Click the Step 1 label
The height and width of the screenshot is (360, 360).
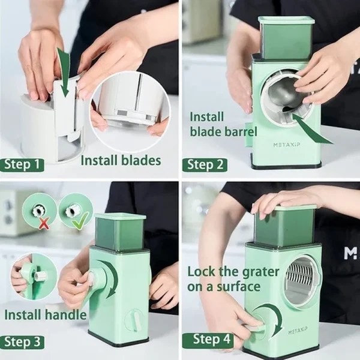pyautogui.click(x=22, y=164)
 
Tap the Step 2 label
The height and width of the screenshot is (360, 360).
pyautogui.click(x=205, y=164)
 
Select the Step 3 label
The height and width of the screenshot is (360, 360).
pyautogui.click(x=22, y=342)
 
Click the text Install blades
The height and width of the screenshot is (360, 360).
pyautogui.click(x=121, y=160)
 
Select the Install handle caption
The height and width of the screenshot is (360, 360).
pyautogui.click(x=46, y=314)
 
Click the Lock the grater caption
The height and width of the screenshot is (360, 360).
pyautogui.click(x=233, y=279)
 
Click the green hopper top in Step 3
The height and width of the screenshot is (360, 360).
pyautogui.click(x=120, y=231)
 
